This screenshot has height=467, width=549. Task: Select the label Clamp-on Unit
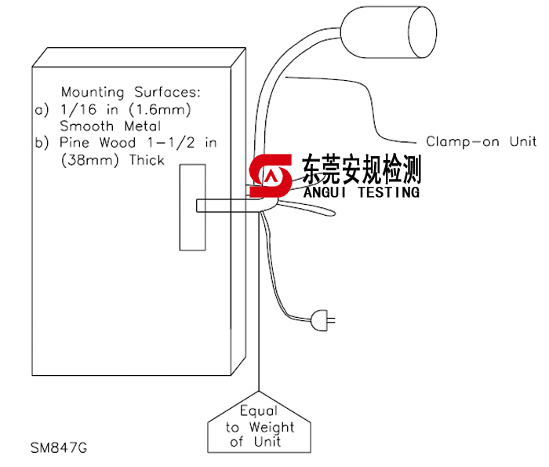click(481, 141)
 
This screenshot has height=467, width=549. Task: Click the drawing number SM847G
click(59, 449)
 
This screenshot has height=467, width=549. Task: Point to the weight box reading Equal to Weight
click(260, 426)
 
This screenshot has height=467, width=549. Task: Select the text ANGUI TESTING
click(361, 192)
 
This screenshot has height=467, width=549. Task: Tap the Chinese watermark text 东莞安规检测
click(361, 169)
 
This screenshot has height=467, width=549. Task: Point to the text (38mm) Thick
click(107, 160)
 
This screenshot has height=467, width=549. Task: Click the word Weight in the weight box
click(271, 427)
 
